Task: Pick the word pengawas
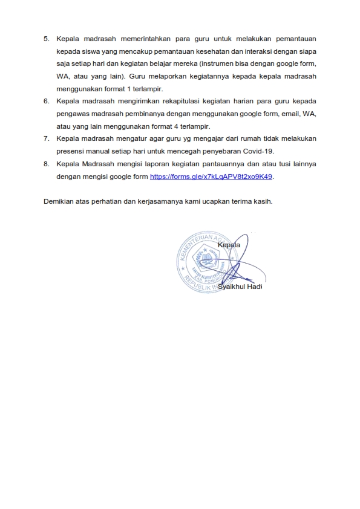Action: click(72, 113)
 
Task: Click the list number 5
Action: click(47, 39)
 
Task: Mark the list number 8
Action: click(47, 164)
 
